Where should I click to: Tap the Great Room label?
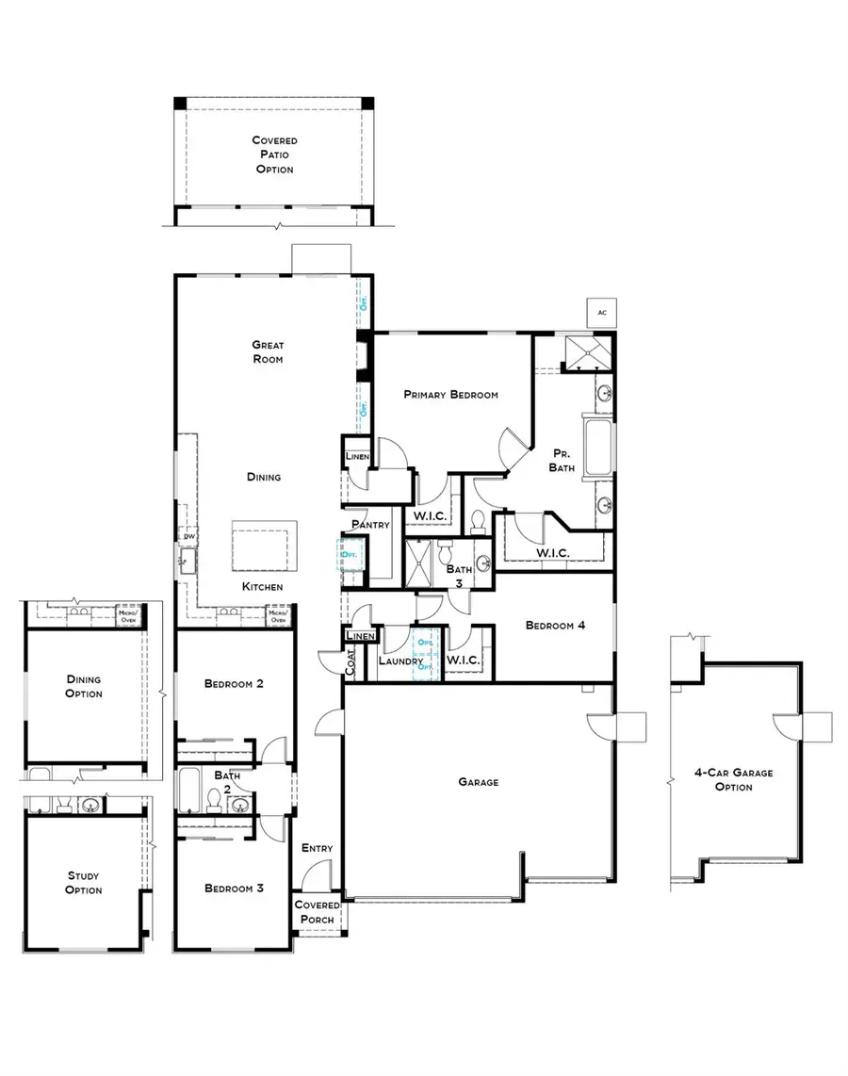click(x=268, y=351)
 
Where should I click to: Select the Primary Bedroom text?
click(x=450, y=395)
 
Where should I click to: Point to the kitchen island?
click(x=264, y=546)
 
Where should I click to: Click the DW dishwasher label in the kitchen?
click(x=188, y=537)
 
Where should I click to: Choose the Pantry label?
click(x=370, y=525)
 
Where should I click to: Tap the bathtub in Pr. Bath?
click(x=599, y=448)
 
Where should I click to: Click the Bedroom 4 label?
click(x=556, y=625)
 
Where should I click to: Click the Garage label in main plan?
click(x=478, y=781)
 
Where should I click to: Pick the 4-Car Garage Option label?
click(x=733, y=779)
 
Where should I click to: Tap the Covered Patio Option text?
click(x=274, y=155)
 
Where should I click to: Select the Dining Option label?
click(x=84, y=686)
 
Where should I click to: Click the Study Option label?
click(x=84, y=883)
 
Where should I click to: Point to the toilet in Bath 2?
click(x=214, y=801)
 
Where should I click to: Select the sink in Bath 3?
click(x=482, y=563)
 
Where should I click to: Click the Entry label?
click(x=317, y=848)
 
